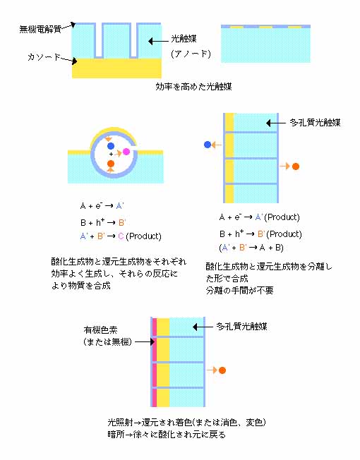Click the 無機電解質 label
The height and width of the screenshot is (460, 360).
[40, 30]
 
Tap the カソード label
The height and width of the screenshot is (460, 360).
[44, 57]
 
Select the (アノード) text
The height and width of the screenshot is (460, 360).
[191, 54]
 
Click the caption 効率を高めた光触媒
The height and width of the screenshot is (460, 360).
[193, 87]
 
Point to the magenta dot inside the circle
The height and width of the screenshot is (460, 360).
[126, 152]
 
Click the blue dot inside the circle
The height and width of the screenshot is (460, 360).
[111, 146]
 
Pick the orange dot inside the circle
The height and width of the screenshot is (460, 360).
[111, 164]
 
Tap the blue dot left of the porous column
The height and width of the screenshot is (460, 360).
[208, 145]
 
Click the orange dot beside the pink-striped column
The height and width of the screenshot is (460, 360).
[222, 370]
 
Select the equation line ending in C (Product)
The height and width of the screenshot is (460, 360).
[121, 236]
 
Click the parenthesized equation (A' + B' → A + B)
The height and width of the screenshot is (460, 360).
[251, 248]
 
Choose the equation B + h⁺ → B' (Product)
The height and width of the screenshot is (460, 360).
[260, 234]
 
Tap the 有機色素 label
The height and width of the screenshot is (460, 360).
[100, 330]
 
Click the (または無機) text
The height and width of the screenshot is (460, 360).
[107, 341]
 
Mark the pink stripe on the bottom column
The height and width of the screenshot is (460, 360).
[154, 363]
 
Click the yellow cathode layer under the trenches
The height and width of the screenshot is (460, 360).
[116, 68]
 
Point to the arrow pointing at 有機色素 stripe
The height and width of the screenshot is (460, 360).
[145, 341]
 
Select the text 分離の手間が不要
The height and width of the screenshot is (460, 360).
[240, 291]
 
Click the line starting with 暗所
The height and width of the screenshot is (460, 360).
[167, 435]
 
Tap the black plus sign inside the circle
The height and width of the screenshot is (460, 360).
[111, 155]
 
